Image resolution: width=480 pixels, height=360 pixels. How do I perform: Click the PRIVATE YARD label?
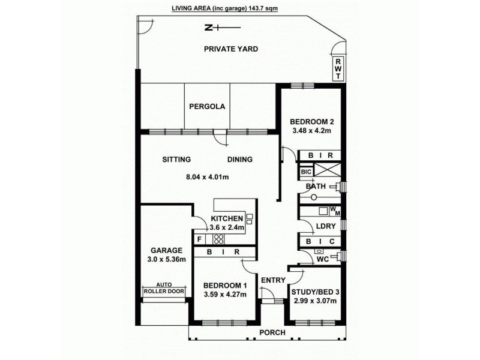230,49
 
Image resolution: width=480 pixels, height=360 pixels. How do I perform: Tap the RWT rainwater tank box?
338,68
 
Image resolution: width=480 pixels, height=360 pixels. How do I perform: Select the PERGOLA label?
207,107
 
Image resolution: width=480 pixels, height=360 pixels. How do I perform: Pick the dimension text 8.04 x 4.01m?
208,177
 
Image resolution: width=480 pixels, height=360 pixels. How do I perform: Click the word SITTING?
176,160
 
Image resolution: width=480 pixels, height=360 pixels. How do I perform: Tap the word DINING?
239,160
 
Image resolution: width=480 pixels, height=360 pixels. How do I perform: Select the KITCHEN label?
227,218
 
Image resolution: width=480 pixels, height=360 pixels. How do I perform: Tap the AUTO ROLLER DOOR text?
164,288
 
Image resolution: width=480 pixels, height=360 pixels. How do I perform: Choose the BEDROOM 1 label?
225,285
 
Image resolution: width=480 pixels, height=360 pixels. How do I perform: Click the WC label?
323,259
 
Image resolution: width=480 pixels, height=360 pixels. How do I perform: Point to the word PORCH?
272,333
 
